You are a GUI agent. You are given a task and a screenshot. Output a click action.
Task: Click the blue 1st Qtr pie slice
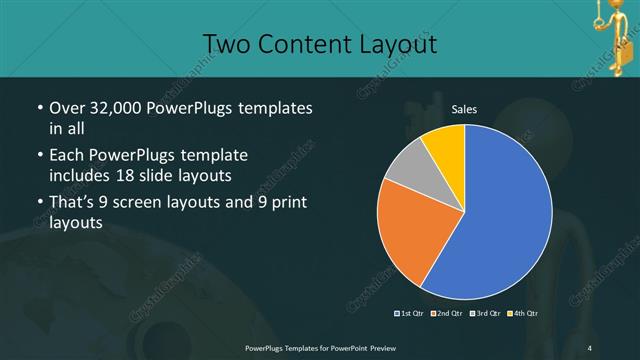coord(500,215)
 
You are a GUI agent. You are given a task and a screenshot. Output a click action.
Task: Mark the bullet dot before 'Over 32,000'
coord(38,108)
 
